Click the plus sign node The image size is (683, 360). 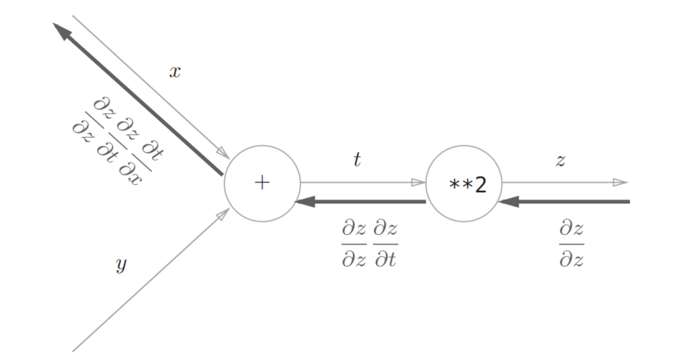[262, 183]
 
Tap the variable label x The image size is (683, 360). [175, 72]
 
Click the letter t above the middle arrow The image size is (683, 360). [357, 160]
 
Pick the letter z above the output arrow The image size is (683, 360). [561, 160]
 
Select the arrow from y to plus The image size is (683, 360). [151, 280]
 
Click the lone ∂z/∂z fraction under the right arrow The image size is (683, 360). [571, 244]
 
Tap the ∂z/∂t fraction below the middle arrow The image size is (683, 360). [385, 244]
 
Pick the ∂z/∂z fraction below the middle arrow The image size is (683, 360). [354, 244]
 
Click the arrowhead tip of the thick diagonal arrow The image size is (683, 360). [55, 24]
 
